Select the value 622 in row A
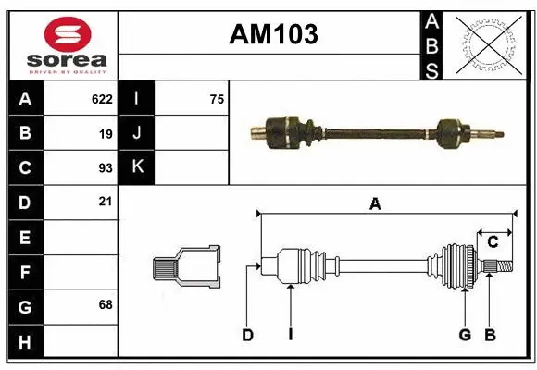pyautogui.click(x=102, y=99)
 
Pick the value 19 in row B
pyautogui.click(x=106, y=134)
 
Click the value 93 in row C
pyautogui.click(x=106, y=168)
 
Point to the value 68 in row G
pyautogui.click(x=106, y=304)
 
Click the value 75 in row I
pyautogui.click(x=217, y=99)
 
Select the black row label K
pyautogui.click(x=137, y=167)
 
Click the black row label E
pyautogui.click(x=25, y=238)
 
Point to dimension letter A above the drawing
pyautogui.click(x=375, y=204)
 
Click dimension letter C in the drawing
pyautogui.click(x=493, y=241)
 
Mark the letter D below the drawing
pyautogui.click(x=247, y=335)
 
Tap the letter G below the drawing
pyautogui.click(x=464, y=335)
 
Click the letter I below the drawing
pyautogui.click(x=290, y=335)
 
